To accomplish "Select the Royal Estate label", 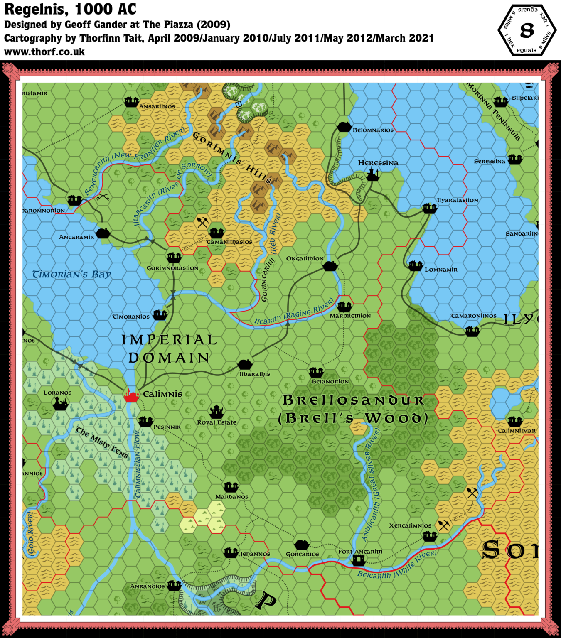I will coord(217,422).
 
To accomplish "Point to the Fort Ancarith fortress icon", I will coord(358,560).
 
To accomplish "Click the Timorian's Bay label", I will coord(71,275).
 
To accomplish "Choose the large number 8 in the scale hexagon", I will coord(527,31).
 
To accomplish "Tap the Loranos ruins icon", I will coord(60,403).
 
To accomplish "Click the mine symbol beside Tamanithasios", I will coord(202,222).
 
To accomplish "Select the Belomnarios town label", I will coord(373,130).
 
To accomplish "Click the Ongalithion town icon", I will coord(330,266).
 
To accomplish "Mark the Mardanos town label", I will coord(231,497).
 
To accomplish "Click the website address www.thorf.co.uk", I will coord(44,52).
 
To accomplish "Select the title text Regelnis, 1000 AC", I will coord(70,9).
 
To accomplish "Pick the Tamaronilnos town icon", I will coord(472,331).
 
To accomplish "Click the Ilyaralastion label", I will coord(457,200).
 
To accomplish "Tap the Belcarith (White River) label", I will coord(397,565).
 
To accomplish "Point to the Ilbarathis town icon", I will coord(245,365).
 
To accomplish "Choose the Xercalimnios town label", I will coord(410,525).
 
